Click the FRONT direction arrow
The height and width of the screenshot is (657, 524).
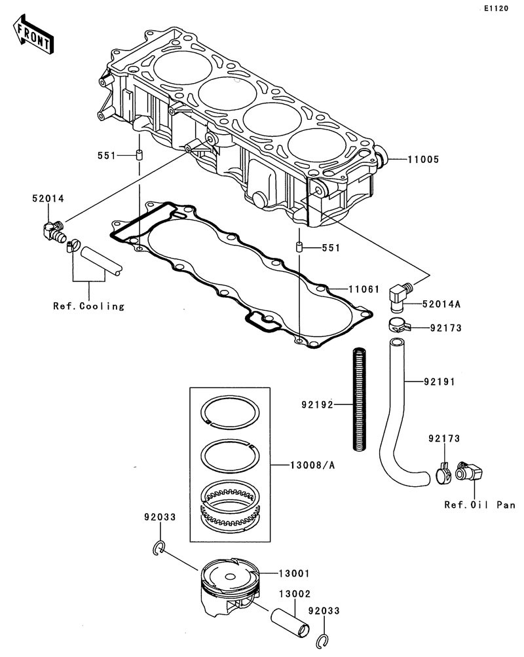pyautogui.click(x=33, y=35)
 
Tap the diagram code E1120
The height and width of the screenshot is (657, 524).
pyautogui.click(x=496, y=9)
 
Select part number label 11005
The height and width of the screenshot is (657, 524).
pyautogui.click(x=423, y=159)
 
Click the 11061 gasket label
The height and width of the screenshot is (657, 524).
pyautogui.click(x=364, y=289)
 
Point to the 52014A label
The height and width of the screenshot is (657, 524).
pyautogui.click(x=441, y=304)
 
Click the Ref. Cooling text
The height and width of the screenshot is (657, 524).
pyautogui.click(x=88, y=306)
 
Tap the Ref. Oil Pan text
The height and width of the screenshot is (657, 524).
pyautogui.click(x=479, y=505)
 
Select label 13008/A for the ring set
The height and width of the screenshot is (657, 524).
pyautogui.click(x=312, y=465)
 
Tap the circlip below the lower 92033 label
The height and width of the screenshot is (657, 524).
pyautogui.click(x=322, y=642)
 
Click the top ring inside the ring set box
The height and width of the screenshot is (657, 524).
pyautogui.click(x=230, y=413)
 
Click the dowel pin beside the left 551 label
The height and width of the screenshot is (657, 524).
pyautogui.click(x=138, y=154)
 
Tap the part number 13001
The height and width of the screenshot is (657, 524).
pyautogui.click(x=295, y=573)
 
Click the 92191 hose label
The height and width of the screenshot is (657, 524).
pyautogui.click(x=439, y=382)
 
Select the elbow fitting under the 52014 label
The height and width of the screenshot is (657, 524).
pyautogui.click(x=53, y=231)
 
